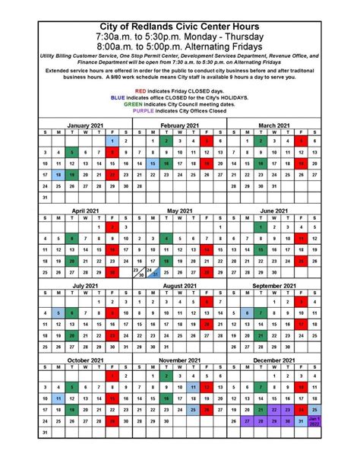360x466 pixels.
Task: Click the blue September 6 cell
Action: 247,312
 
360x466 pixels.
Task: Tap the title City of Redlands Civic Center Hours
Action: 180,26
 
